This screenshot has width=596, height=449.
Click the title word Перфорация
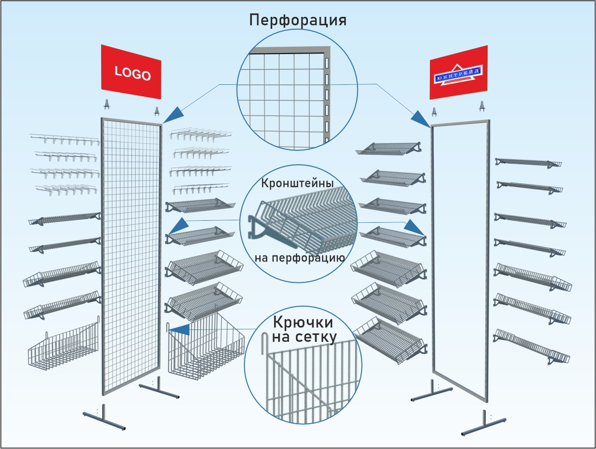(x=298, y=21)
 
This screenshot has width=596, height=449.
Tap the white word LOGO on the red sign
(x=132, y=73)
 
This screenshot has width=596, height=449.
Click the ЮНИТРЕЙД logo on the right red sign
(x=457, y=75)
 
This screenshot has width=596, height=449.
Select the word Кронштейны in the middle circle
(x=297, y=183)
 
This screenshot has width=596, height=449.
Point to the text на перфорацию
(x=299, y=258)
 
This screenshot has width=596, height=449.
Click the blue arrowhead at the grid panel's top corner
(x=172, y=116)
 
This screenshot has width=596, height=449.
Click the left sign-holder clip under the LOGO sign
(x=107, y=105)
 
